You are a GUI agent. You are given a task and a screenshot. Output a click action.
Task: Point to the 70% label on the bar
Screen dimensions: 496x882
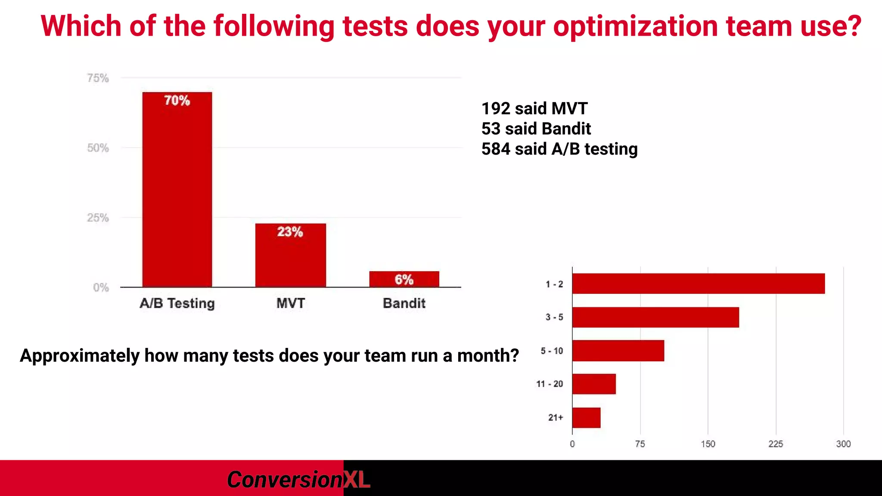click(177, 100)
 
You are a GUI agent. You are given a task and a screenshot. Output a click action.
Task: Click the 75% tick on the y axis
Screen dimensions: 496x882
click(98, 78)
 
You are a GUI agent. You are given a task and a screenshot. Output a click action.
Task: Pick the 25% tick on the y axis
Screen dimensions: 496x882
click(98, 217)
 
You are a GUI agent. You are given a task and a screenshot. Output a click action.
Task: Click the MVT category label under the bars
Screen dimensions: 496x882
click(290, 303)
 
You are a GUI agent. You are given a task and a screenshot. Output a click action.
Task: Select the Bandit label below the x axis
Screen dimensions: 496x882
click(404, 303)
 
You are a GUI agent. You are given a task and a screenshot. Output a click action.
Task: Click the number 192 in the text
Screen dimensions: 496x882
click(496, 108)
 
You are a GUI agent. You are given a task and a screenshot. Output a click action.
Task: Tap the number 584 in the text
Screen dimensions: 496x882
click(496, 149)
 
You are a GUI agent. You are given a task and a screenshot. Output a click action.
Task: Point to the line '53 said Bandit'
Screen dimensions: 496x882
click(536, 129)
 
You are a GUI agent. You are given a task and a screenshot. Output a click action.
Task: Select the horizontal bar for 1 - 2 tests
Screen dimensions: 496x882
click(698, 284)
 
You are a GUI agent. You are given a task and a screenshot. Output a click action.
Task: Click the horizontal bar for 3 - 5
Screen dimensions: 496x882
click(655, 317)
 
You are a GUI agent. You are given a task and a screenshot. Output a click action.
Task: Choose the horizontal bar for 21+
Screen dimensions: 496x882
click(586, 418)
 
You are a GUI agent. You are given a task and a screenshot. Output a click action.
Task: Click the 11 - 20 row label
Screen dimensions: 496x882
click(549, 384)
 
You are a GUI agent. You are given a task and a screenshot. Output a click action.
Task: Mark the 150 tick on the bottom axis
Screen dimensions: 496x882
click(708, 444)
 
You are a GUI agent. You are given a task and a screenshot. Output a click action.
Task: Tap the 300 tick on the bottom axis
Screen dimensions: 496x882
click(843, 444)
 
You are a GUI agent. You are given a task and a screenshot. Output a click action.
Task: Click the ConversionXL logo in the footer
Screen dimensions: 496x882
click(298, 480)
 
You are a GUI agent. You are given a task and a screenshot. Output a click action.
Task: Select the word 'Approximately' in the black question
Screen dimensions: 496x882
click(80, 356)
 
